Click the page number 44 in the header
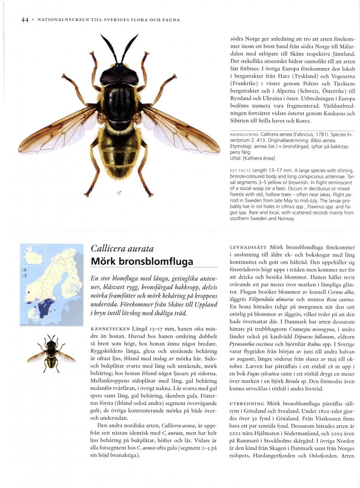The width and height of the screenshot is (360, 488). pos(25,20)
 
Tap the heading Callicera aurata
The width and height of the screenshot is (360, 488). pos(122,249)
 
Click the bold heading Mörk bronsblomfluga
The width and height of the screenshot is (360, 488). pos(142,262)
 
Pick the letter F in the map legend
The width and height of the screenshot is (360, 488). pos(25,270)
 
